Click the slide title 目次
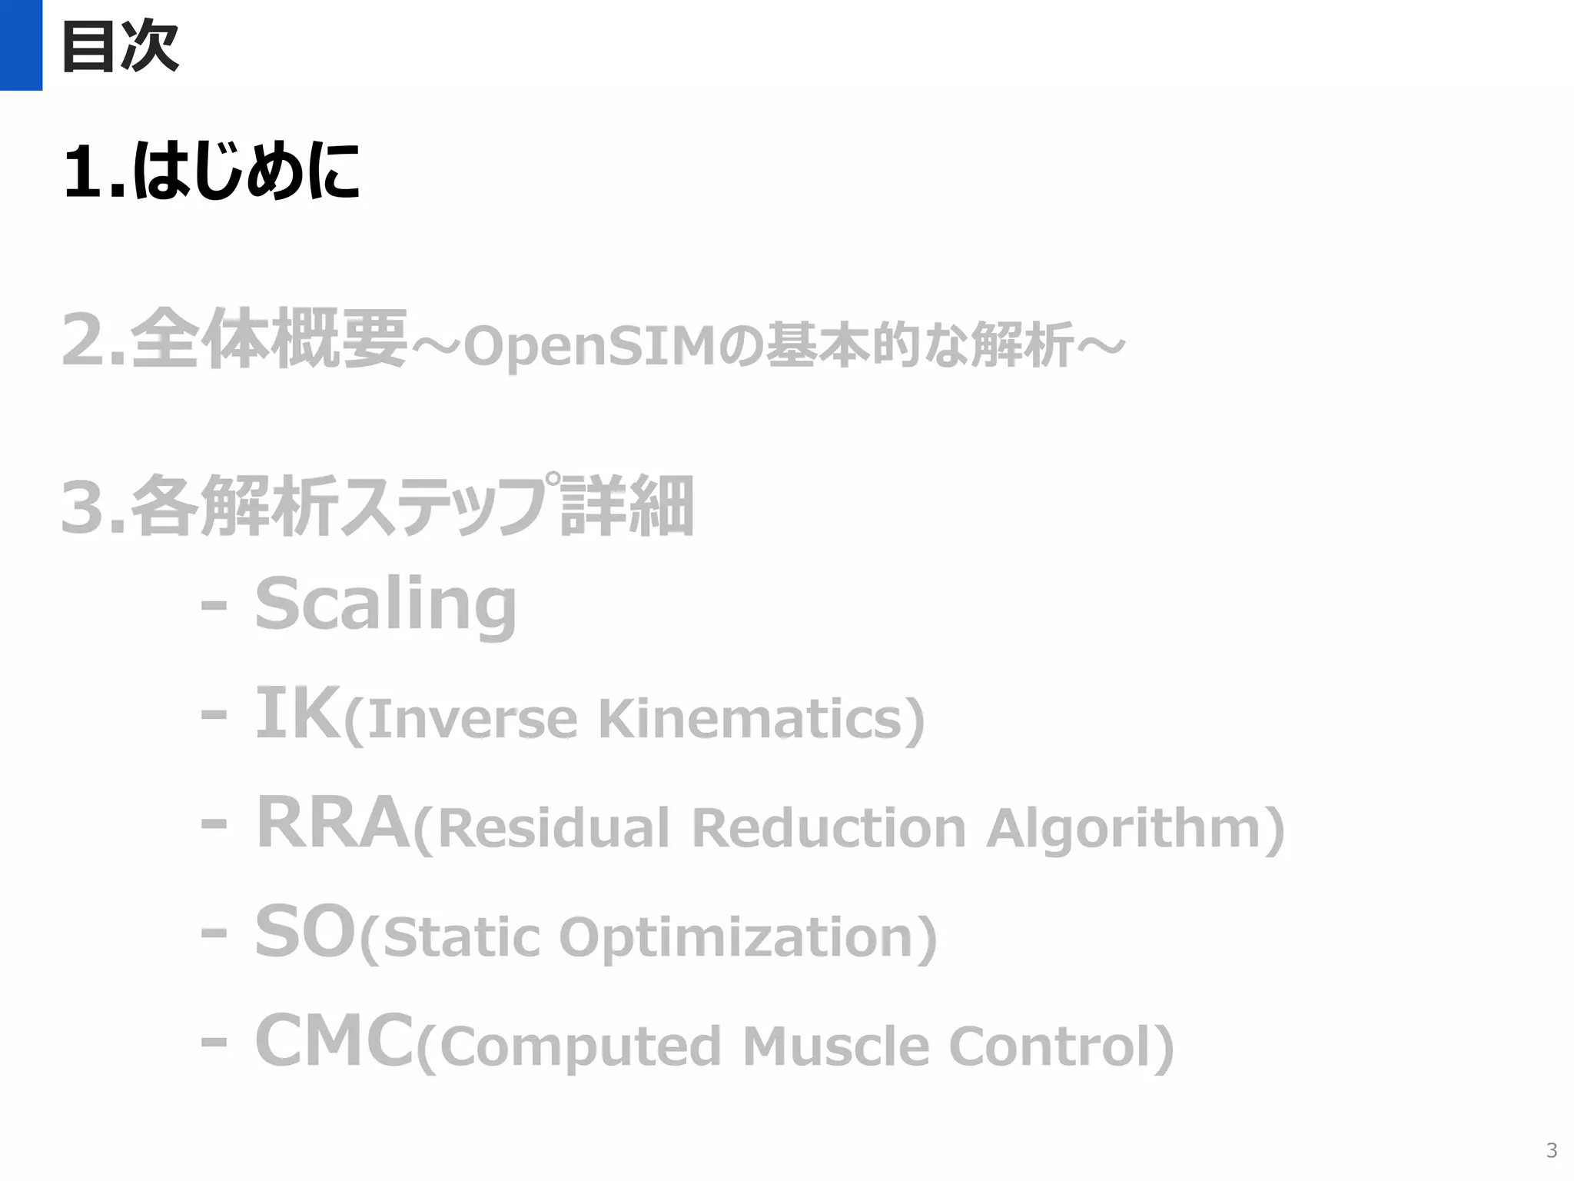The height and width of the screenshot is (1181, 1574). click(120, 46)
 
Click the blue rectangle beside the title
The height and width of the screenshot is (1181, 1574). click(21, 45)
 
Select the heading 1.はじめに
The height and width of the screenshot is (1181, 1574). click(211, 171)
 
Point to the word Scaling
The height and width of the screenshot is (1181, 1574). click(386, 604)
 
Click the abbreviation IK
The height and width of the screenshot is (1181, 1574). click(297, 714)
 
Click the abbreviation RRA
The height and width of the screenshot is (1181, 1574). click(332, 823)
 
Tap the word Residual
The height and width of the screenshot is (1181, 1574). click(553, 828)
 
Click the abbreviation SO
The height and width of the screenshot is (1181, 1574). click(305, 932)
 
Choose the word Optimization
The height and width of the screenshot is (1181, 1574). click(736, 938)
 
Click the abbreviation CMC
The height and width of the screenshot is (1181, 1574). click(334, 1041)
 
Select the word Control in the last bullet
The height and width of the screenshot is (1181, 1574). click(1051, 1046)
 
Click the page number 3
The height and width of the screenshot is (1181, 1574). click(1551, 1150)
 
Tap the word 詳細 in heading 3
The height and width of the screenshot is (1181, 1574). click(627, 507)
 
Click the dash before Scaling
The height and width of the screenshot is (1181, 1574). click(214, 606)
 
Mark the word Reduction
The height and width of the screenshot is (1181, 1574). click(829, 828)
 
